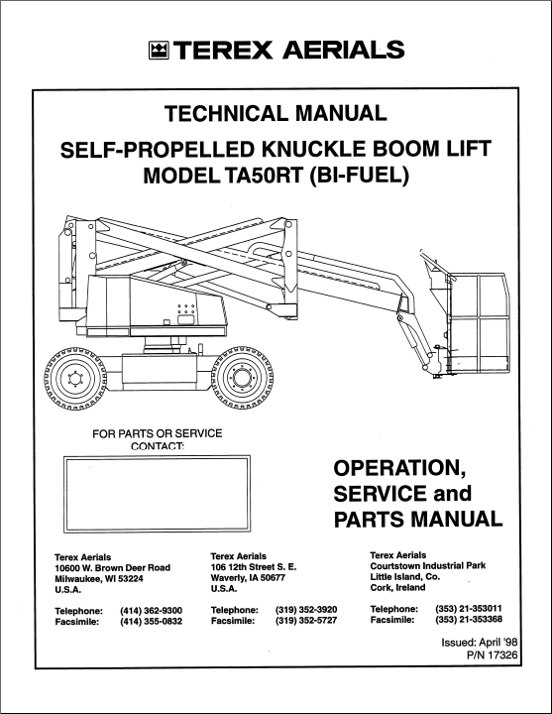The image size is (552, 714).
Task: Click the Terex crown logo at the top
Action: (x=159, y=51)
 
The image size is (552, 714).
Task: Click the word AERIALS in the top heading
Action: (x=344, y=51)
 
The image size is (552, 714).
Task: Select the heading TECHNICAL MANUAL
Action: (x=276, y=113)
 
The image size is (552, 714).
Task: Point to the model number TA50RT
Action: (x=262, y=176)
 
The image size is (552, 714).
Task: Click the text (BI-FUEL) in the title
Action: (x=359, y=176)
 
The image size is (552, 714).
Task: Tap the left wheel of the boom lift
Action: (x=74, y=378)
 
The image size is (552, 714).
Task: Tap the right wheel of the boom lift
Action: (x=242, y=378)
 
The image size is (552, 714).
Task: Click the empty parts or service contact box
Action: (x=157, y=494)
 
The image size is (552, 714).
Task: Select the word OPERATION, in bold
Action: (x=399, y=468)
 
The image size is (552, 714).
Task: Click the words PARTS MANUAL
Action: (x=418, y=520)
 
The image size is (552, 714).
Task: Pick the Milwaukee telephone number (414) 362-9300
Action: (x=151, y=611)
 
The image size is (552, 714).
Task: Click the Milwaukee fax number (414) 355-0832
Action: (x=151, y=622)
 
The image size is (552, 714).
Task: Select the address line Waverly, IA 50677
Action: (x=248, y=578)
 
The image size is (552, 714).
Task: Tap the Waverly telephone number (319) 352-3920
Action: (x=306, y=610)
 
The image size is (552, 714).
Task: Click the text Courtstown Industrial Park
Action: (x=428, y=566)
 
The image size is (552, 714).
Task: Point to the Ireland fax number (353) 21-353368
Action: (x=469, y=619)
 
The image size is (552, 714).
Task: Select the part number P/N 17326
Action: (x=493, y=655)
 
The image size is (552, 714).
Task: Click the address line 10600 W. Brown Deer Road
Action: (x=112, y=568)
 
